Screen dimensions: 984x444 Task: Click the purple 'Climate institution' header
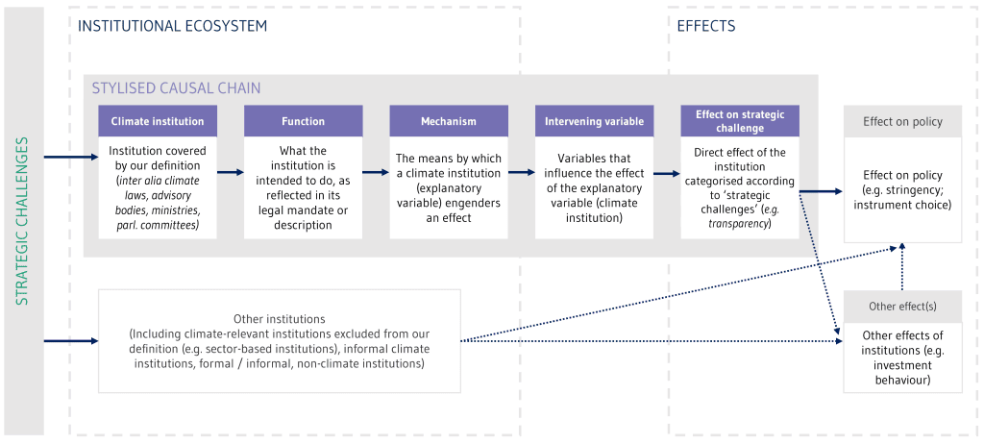[158, 121]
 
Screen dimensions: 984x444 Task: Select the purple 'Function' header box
[303, 121]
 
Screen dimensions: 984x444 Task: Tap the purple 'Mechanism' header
[449, 121]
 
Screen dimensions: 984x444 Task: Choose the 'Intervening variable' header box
[594, 121]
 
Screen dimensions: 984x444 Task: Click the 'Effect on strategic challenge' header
[740, 121]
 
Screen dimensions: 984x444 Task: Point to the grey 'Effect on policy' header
[902, 121]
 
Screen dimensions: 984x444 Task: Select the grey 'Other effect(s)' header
[902, 307]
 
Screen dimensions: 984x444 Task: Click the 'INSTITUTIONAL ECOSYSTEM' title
[172, 26]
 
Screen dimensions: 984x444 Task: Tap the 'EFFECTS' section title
[706, 26]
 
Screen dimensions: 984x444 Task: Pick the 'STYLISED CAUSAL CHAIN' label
[177, 87]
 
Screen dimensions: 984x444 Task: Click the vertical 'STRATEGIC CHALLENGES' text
[22, 220]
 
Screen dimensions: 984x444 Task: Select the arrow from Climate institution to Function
[231, 171]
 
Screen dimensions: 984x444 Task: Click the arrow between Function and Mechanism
[376, 171]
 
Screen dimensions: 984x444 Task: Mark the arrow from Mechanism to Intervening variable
[522, 171]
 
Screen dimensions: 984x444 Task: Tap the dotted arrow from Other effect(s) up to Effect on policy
[902, 266]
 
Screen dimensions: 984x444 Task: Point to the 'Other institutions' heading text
[280, 318]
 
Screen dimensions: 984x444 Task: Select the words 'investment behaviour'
[902, 373]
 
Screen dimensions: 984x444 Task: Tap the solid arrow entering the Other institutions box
[71, 341]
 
